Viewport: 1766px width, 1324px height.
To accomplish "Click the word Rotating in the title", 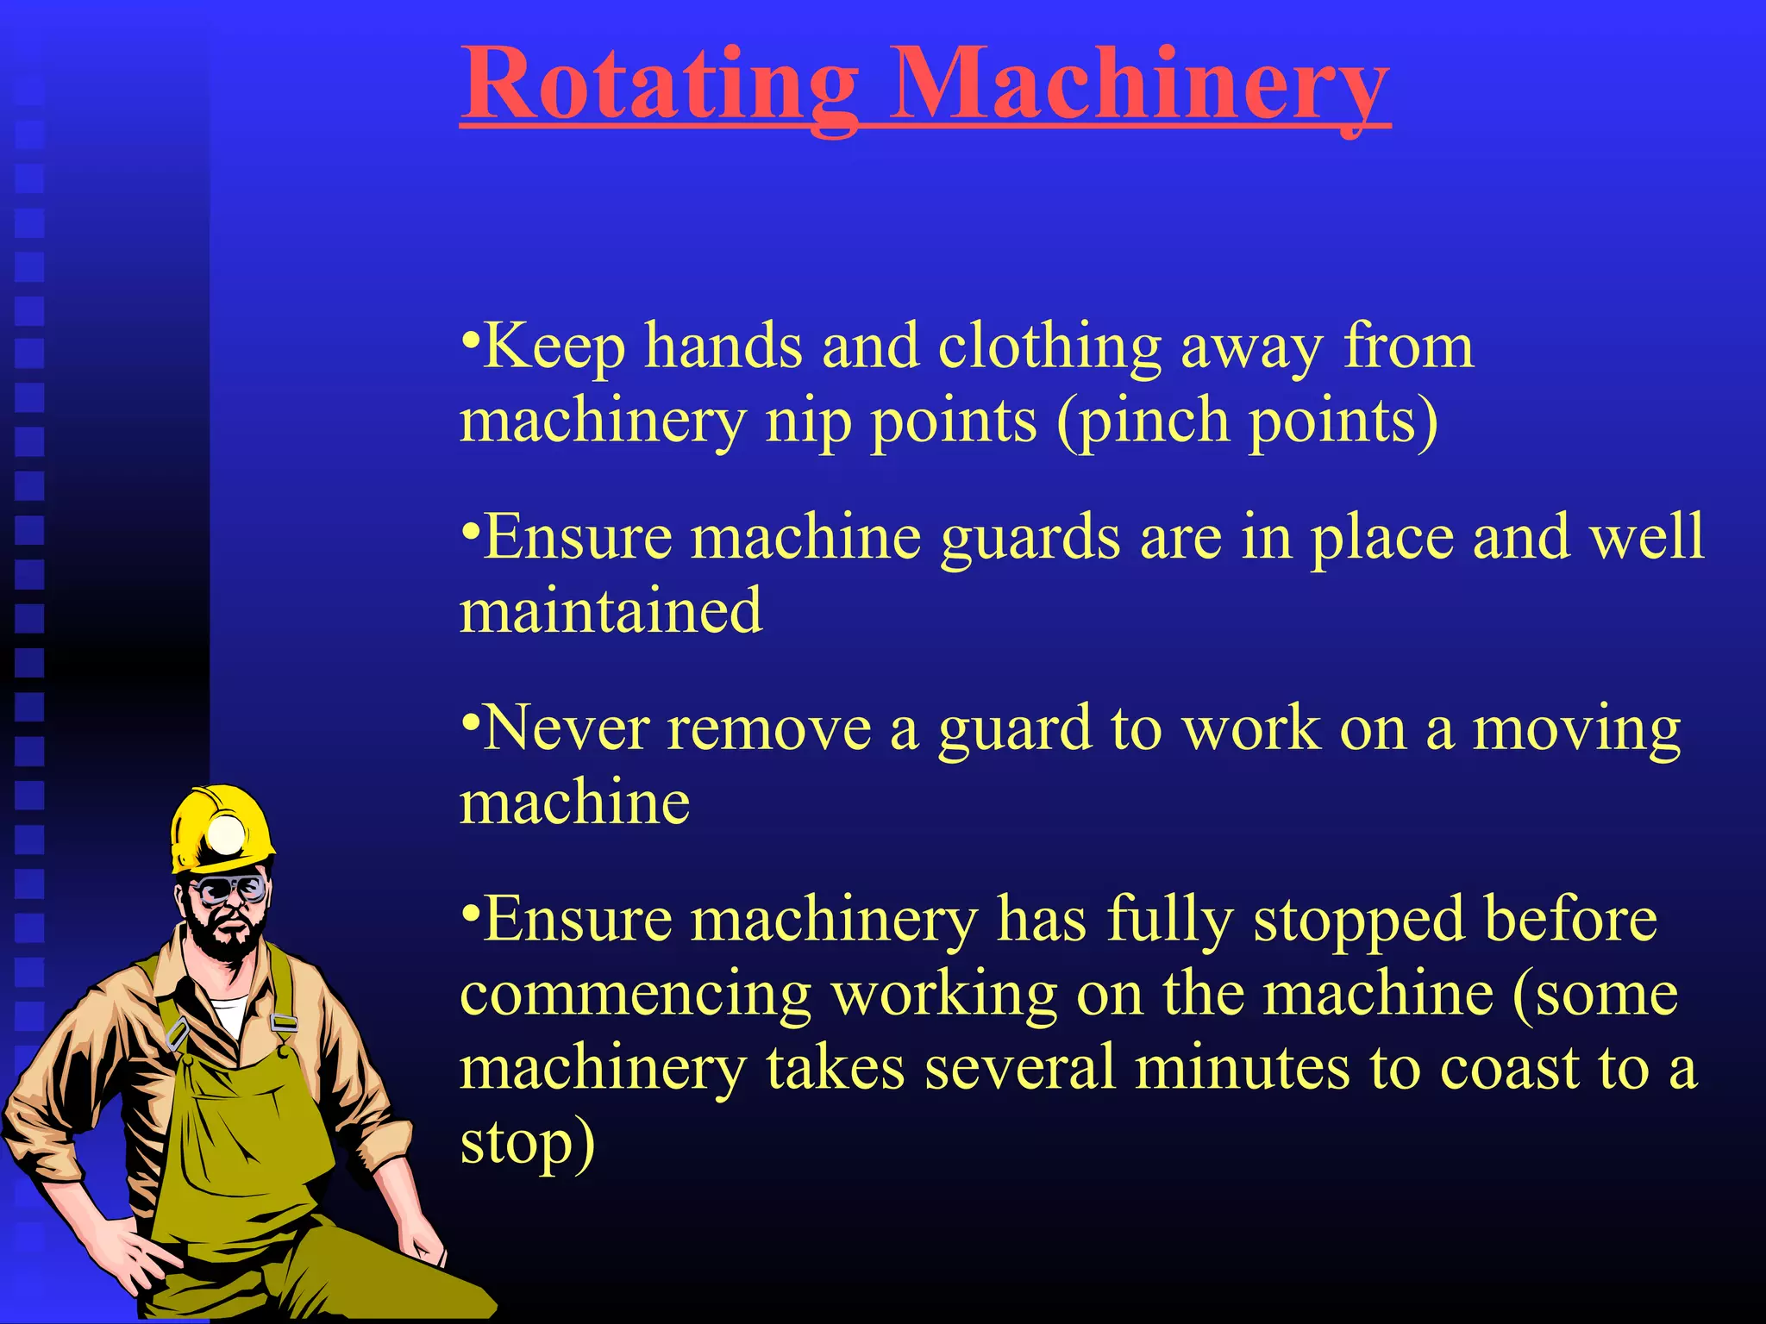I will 660,86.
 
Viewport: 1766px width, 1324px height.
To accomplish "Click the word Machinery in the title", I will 1138,86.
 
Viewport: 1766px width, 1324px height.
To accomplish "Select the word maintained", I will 611,611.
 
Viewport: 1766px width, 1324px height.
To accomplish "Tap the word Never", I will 565,729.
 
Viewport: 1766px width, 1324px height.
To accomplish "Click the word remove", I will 769,729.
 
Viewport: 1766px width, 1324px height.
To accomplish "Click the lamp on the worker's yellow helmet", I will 227,834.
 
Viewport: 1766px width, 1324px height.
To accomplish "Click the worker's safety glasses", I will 229,889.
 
